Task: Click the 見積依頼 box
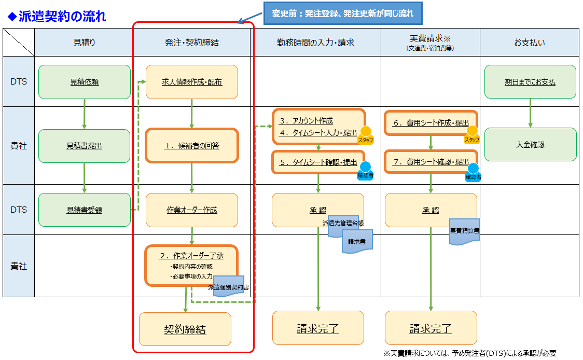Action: [85, 81]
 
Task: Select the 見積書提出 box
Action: [85, 146]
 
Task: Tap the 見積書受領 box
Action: [85, 210]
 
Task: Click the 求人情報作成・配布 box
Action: [192, 81]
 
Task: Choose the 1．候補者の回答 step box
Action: [192, 146]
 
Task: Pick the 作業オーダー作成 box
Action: [192, 210]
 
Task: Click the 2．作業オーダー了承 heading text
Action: [191, 255]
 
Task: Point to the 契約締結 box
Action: [185, 329]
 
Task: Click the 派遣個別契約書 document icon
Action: [229, 285]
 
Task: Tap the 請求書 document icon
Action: [357, 241]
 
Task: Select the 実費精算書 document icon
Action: [464, 230]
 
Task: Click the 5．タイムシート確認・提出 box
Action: [317, 162]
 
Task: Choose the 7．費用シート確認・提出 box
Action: [430, 162]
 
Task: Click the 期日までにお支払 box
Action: [530, 81]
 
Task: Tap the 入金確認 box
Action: [530, 145]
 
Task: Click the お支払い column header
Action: [529, 43]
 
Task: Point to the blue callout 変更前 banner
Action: [343, 13]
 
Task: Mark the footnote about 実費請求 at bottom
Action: [470, 353]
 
